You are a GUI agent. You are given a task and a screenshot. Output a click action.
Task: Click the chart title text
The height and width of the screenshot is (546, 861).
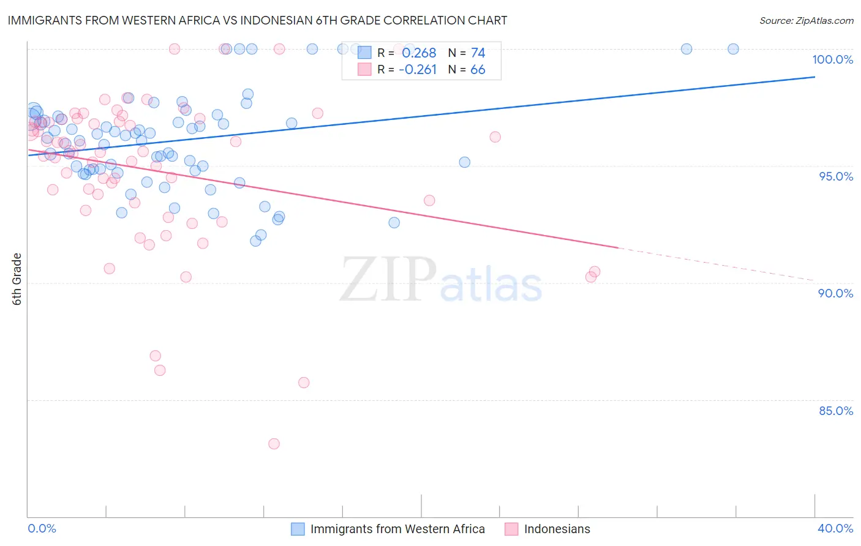point(257,20)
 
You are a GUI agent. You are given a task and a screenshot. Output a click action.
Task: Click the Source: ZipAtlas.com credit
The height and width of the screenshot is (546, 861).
point(806,20)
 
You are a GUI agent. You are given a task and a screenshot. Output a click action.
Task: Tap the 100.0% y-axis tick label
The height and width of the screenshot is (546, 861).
point(832,59)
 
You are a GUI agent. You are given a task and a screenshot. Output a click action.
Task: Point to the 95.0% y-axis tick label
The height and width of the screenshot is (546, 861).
point(835,176)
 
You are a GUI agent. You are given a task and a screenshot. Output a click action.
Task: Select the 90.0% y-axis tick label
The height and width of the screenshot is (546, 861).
point(835,293)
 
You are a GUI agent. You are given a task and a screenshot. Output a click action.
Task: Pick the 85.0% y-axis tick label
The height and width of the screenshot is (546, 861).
point(835,411)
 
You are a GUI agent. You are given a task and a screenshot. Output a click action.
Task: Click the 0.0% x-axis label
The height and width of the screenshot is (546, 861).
point(42,528)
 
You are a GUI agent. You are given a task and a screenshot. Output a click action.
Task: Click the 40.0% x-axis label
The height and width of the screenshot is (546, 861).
point(835,528)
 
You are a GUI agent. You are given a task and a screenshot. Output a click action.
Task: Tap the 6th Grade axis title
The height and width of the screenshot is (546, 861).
point(17,279)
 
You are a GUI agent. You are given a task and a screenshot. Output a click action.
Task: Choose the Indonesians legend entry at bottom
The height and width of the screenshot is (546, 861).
point(557,529)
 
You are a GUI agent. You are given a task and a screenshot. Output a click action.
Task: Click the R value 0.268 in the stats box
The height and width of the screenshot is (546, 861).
point(419,53)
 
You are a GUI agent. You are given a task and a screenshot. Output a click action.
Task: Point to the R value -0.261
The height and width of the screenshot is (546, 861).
point(417,70)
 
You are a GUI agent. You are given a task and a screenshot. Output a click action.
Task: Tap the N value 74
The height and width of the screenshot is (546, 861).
point(478,53)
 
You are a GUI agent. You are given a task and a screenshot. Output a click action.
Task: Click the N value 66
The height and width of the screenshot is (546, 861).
point(478,70)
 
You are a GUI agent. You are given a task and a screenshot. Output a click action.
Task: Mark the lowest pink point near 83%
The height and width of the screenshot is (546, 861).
point(274,444)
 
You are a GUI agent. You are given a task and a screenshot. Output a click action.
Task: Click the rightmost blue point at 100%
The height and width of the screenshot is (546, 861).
point(733,49)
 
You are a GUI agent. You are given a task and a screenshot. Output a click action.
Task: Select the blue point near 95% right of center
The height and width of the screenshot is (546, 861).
point(464,162)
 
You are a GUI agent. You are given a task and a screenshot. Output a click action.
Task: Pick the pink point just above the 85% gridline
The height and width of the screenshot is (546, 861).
point(304,383)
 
